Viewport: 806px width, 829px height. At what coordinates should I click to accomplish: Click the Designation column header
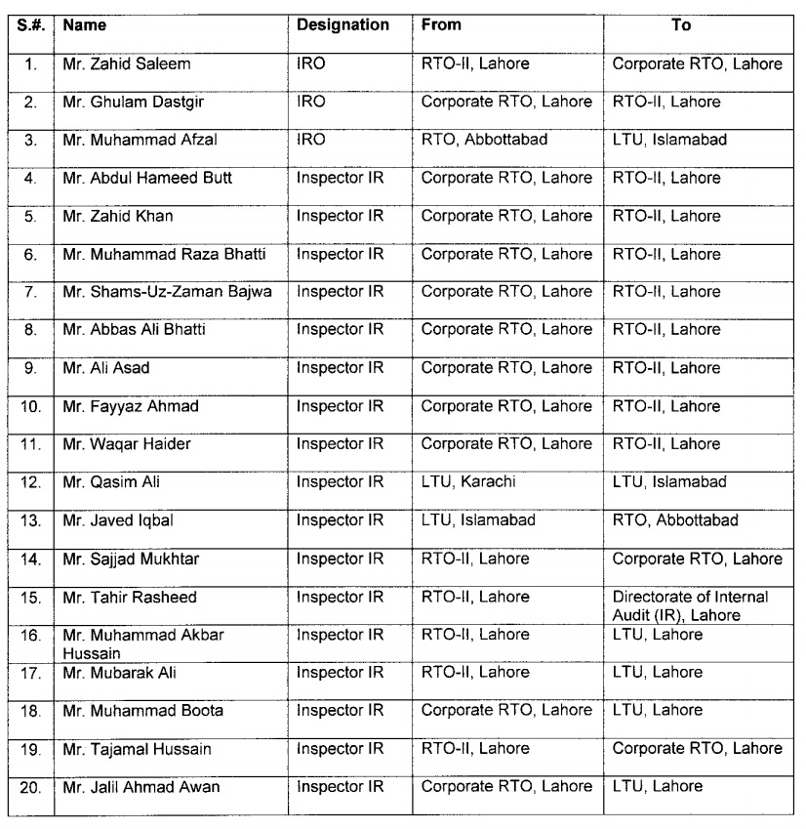(x=343, y=24)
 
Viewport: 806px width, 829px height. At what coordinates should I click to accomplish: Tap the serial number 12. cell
(x=30, y=482)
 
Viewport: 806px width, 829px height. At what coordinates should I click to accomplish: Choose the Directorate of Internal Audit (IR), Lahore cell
(x=691, y=605)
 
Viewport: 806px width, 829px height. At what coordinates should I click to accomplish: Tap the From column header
(x=441, y=24)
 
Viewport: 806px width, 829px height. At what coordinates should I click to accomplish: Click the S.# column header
(x=30, y=24)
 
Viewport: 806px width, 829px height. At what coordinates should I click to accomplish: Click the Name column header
(x=84, y=24)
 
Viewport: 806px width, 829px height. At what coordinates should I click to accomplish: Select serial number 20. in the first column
(x=30, y=786)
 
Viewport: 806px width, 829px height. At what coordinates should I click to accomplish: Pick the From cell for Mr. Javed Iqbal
(x=478, y=520)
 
